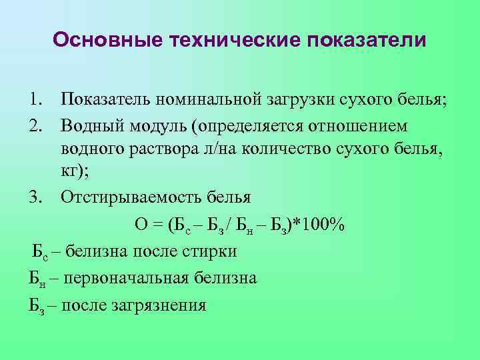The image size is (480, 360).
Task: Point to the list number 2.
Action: point(36,126)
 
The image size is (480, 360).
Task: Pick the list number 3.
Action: point(36,198)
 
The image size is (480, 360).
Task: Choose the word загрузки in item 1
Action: point(298,101)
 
